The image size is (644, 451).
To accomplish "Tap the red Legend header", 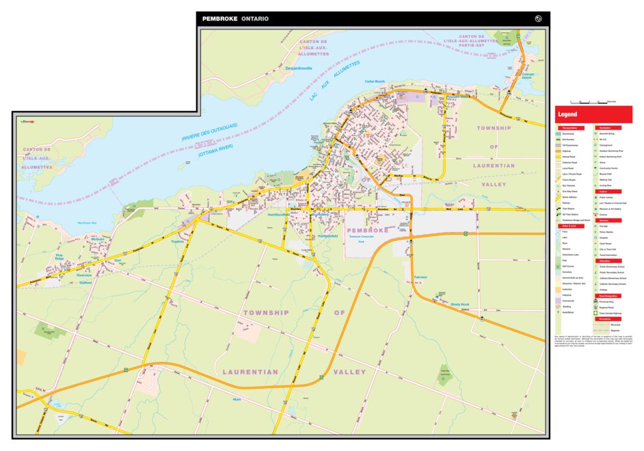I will pyautogui.click(x=567, y=114).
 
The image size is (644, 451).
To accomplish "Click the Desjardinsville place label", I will pyautogui.click(x=298, y=68).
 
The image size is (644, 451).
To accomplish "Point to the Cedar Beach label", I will pyautogui.click(x=375, y=81).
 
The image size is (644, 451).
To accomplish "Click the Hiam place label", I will pyautogui.click(x=237, y=398).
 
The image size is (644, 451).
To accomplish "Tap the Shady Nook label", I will pyautogui.click(x=459, y=305).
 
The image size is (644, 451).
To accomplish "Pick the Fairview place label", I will pyautogui.click(x=420, y=277).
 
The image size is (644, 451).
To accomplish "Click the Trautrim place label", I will pyautogui.click(x=178, y=242).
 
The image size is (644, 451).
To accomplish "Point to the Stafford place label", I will pyautogui.click(x=85, y=282).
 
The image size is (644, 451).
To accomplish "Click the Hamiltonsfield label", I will pyautogui.click(x=280, y=214).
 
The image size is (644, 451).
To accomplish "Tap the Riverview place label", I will pyautogui.click(x=84, y=275).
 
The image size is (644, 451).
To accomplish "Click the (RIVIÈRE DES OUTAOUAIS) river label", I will pyautogui.click(x=209, y=132).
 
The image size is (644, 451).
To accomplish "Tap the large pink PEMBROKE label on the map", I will pyautogui.click(x=367, y=231).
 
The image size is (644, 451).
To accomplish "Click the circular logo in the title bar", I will pyautogui.click(x=539, y=18).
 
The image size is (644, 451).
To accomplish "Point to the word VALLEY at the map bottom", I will pyautogui.click(x=349, y=372).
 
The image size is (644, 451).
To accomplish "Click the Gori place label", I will pyautogui.click(x=117, y=261).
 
